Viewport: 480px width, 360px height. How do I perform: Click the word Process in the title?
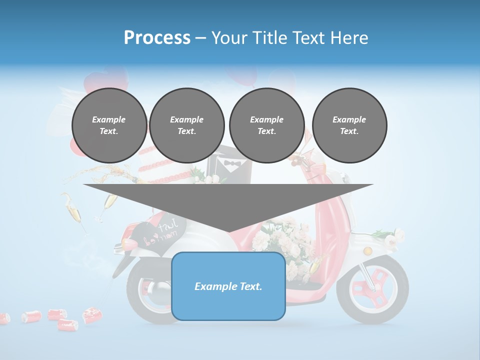[x=157, y=38]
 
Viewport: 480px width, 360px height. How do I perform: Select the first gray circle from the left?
[x=109, y=125]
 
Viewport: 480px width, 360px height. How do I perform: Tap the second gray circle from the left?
[x=186, y=125]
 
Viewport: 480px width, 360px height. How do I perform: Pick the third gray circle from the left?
[x=266, y=125]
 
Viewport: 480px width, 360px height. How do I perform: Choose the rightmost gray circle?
[x=349, y=125]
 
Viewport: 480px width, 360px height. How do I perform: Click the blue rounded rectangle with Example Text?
[x=228, y=286]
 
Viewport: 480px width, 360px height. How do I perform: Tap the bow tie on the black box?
[x=230, y=163]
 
